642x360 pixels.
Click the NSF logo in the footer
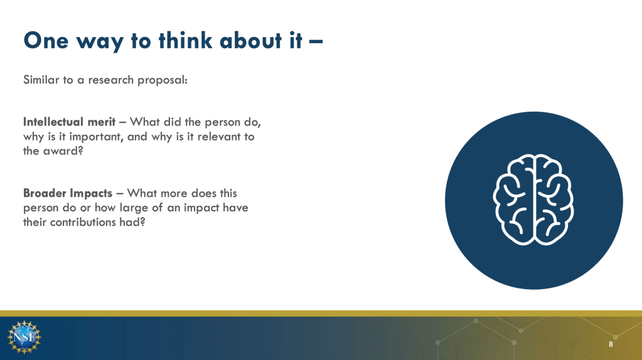tap(24, 337)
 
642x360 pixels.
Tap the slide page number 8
tap(611, 344)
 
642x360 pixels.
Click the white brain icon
tap(533, 199)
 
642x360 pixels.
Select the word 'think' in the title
tap(186, 41)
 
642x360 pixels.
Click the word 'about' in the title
tap(250, 41)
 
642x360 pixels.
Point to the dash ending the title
tap(316, 41)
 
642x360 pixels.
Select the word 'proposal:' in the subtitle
tap(163, 80)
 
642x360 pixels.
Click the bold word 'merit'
tap(102, 122)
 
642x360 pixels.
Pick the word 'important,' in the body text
tap(96, 137)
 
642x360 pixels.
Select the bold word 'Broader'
tap(44, 193)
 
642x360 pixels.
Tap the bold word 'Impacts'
tap(90, 194)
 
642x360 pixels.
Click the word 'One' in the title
tap(46, 41)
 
